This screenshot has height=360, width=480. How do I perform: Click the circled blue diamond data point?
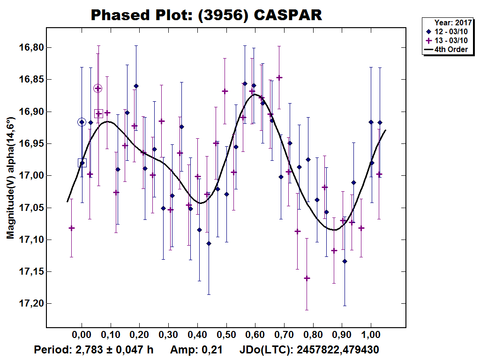(x=82, y=122)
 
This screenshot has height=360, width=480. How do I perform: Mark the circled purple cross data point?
(x=98, y=88)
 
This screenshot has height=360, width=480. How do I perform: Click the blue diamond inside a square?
(x=82, y=163)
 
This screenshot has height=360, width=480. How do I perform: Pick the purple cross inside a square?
(x=98, y=113)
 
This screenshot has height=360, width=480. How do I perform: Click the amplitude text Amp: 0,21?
(x=196, y=350)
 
